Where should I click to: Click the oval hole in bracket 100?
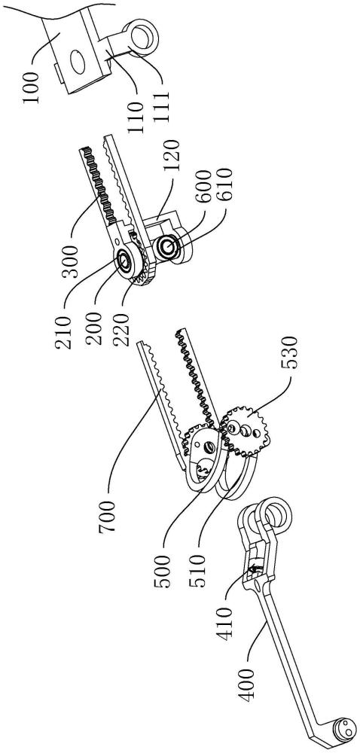[x=77, y=60]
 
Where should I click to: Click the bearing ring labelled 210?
[x=125, y=261]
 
